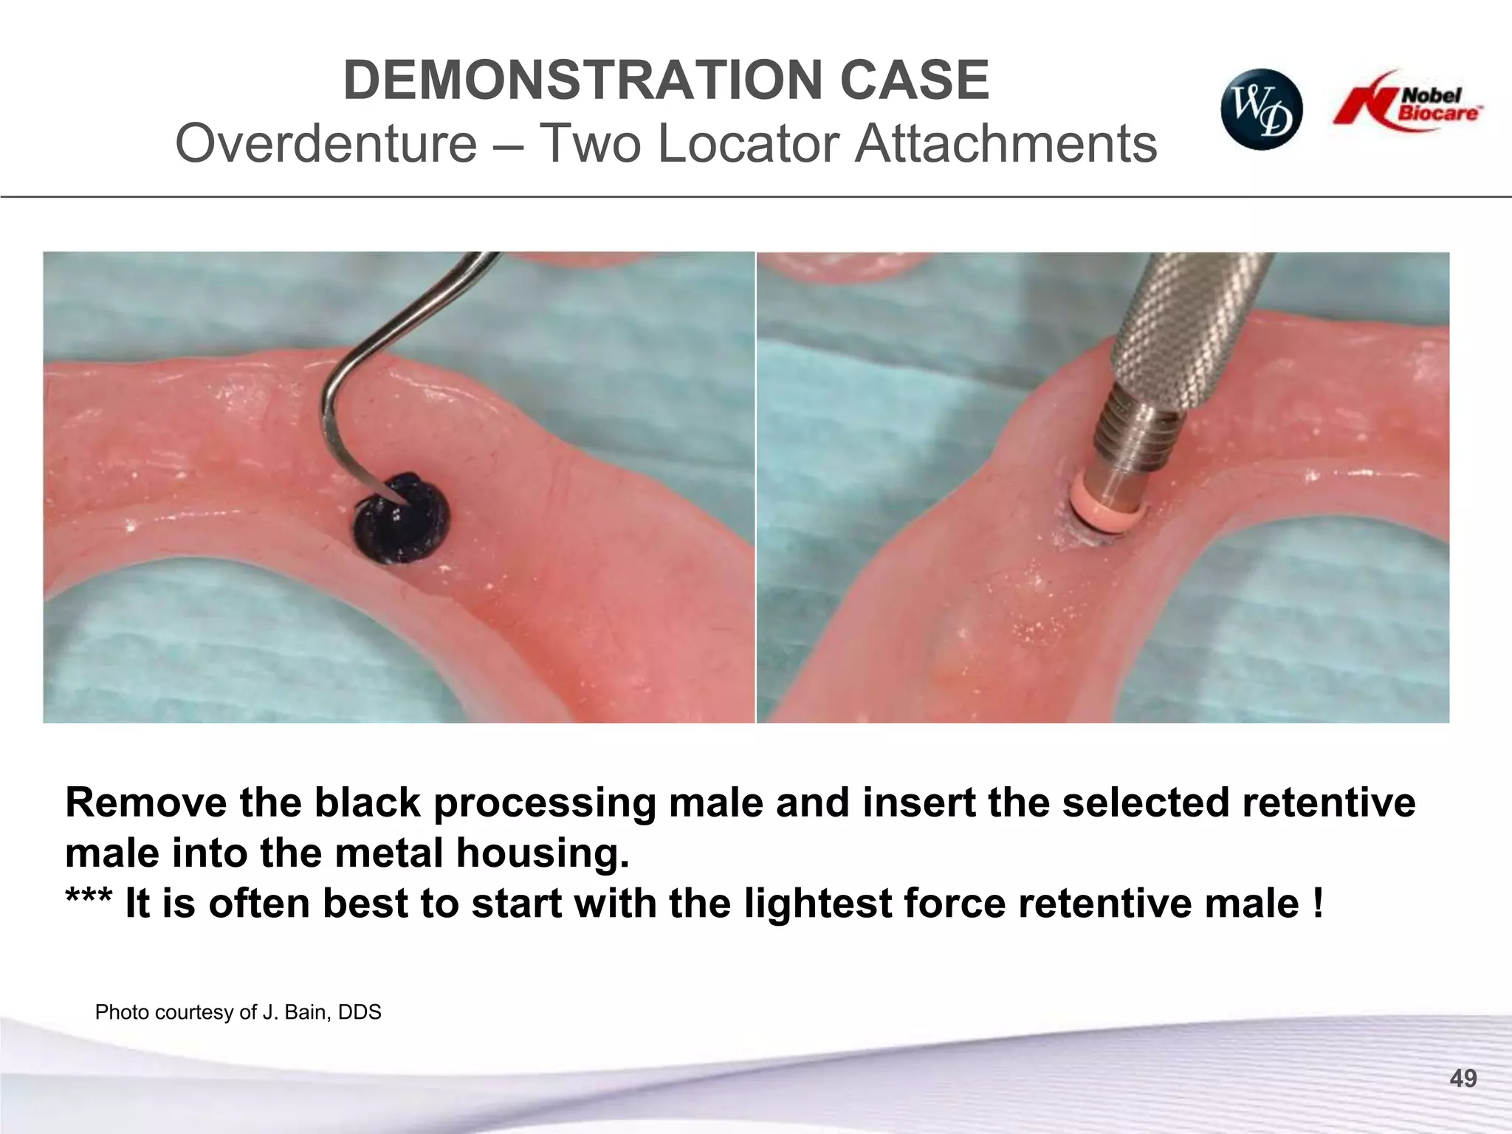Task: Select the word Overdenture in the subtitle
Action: tap(326, 143)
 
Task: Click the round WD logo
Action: tap(1261, 110)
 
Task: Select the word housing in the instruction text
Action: tap(542, 853)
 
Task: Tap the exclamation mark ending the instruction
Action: tap(1318, 904)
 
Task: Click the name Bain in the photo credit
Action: tap(306, 1012)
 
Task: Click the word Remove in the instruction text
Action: tap(146, 803)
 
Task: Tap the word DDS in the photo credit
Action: tap(360, 1012)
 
